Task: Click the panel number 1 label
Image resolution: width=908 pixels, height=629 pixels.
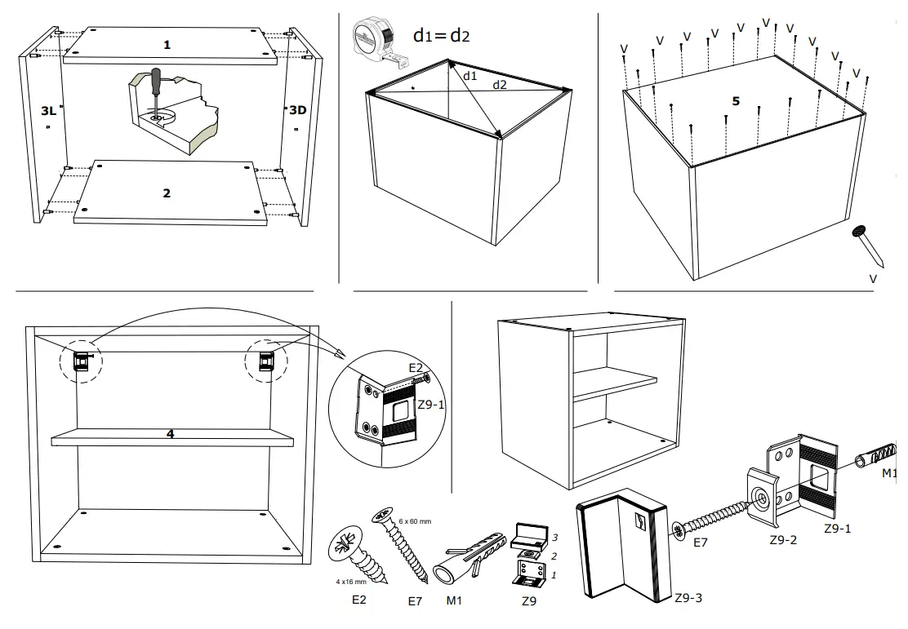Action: click(x=167, y=45)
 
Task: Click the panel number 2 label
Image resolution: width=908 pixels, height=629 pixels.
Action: click(x=167, y=193)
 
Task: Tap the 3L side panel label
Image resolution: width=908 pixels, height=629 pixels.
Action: click(x=48, y=109)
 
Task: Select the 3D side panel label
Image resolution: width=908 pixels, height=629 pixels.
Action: click(x=298, y=109)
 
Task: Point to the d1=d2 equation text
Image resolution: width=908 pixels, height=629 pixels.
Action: click(x=441, y=35)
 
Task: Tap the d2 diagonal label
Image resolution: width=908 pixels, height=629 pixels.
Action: click(x=499, y=84)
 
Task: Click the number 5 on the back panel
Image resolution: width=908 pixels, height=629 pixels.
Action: click(x=736, y=101)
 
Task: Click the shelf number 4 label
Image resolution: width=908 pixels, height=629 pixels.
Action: click(x=170, y=434)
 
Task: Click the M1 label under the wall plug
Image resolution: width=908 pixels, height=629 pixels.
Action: click(x=455, y=602)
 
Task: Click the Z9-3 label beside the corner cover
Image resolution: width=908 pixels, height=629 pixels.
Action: click(x=688, y=598)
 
